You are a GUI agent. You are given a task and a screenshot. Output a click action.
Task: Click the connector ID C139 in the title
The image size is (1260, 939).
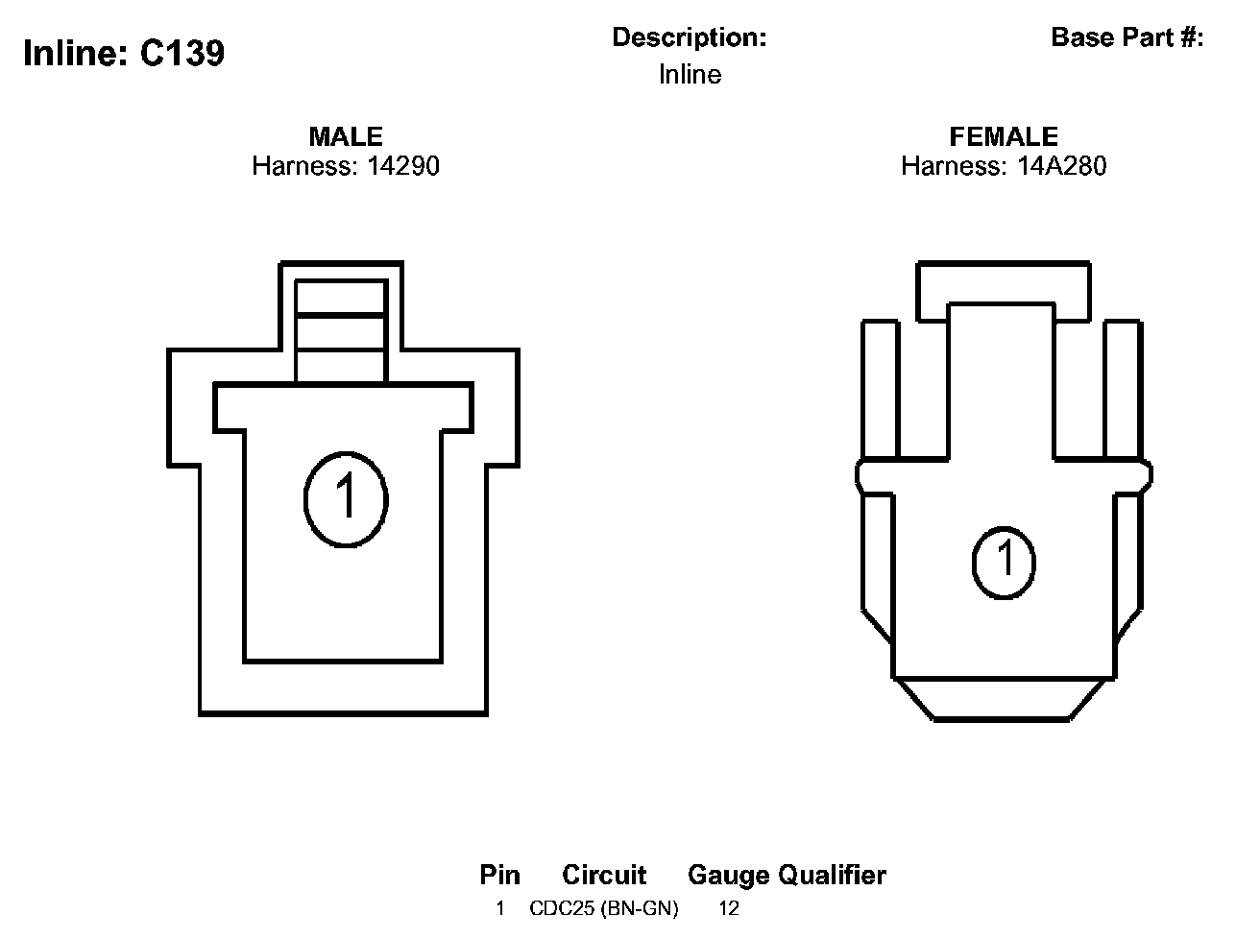tap(182, 54)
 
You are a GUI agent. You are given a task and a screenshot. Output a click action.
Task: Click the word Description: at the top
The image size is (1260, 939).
tap(690, 37)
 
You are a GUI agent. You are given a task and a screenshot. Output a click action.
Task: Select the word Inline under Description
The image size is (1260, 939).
tap(690, 75)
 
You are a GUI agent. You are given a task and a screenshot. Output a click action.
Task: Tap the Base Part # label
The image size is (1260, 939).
tap(1127, 37)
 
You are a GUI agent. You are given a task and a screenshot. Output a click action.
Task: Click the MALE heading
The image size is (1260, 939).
tap(346, 136)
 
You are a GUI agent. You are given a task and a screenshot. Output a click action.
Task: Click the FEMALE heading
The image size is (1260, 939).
tap(1004, 136)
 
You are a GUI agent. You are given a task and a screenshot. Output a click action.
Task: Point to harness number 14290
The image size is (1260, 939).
tap(403, 166)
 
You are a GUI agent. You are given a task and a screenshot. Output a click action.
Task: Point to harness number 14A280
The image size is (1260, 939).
tap(1061, 166)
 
